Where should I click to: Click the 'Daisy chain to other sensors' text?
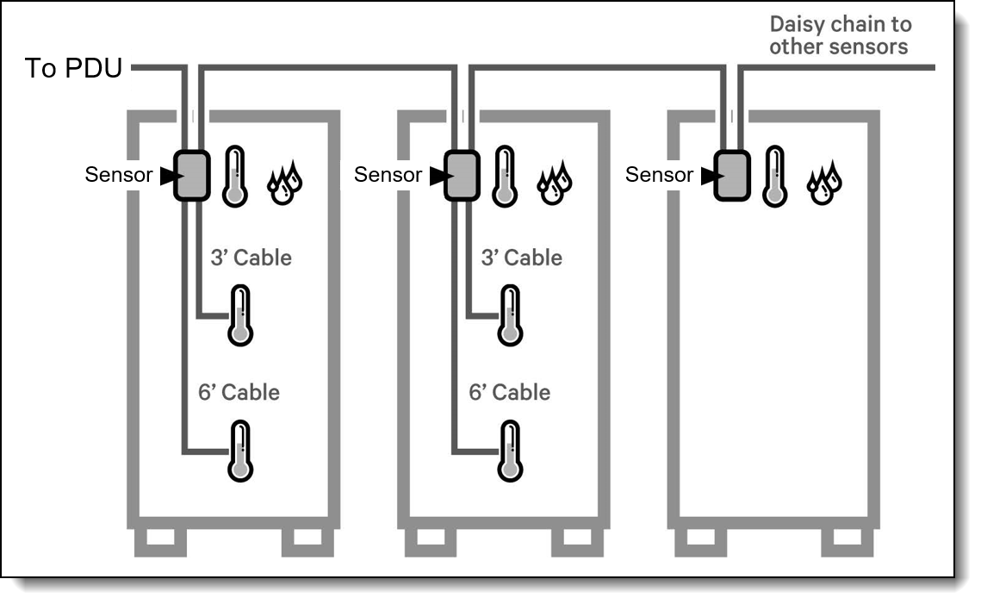[839, 35]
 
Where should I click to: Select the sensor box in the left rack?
[191, 176]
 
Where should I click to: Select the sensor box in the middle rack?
[461, 176]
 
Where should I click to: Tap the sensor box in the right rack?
[732, 176]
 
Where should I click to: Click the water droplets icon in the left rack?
[286, 182]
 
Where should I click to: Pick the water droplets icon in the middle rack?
[556, 182]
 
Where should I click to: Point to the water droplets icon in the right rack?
[824, 182]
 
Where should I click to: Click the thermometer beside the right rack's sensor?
[776, 177]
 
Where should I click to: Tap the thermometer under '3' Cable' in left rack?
[240, 316]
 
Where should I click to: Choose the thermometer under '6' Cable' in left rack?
[240, 451]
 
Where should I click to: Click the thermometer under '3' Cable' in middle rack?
[510, 316]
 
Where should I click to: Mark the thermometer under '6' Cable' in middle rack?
[510, 451]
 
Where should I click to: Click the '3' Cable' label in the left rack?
[251, 258]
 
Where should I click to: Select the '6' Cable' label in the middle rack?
[509, 392]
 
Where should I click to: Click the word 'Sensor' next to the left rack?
[118, 175]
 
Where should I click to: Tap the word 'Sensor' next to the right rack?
[659, 175]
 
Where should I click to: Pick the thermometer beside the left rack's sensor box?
[235, 177]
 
